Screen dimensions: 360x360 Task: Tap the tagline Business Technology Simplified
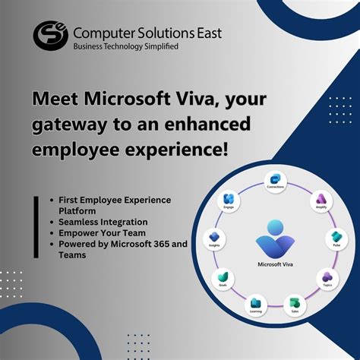click(x=125, y=46)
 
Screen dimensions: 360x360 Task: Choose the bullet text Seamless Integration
click(x=103, y=222)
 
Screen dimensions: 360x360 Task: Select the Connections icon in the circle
click(x=274, y=179)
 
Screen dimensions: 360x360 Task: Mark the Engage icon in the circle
click(x=229, y=200)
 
